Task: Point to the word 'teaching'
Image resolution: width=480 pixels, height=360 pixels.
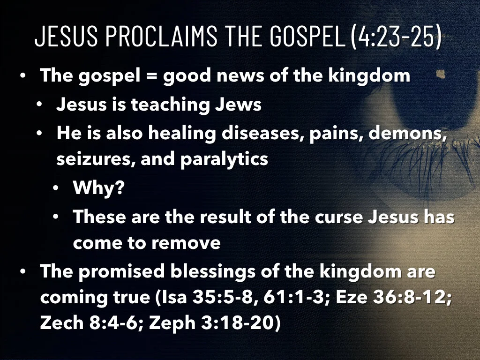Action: (x=170, y=104)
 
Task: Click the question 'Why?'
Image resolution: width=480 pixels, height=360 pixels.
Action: (x=98, y=189)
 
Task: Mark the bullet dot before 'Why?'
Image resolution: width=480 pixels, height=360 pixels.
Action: (x=56, y=189)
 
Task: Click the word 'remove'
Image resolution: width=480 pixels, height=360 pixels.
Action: (x=191, y=243)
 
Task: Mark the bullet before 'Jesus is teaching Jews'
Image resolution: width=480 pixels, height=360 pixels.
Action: (x=40, y=104)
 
